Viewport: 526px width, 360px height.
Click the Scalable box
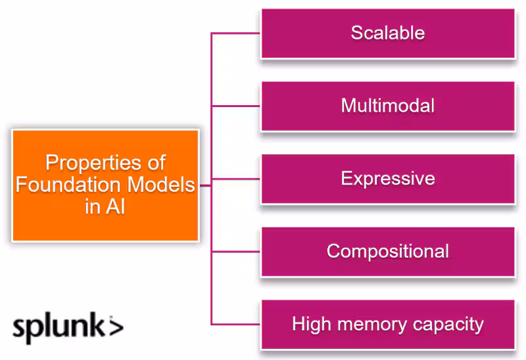(387, 34)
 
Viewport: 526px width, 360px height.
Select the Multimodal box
(387, 106)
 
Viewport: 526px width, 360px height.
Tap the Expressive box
(387, 179)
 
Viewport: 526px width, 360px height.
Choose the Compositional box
(387, 252)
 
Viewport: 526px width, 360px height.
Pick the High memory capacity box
(387, 325)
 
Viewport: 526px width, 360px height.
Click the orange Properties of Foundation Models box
(105, 185)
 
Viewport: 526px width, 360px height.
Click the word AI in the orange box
(116, 207)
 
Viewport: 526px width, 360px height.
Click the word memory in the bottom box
(369, 325)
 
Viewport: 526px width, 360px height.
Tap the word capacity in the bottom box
(448, 325)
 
